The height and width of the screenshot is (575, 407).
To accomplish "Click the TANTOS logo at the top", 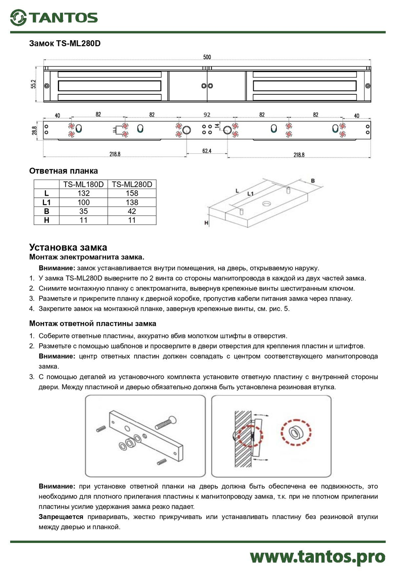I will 54,17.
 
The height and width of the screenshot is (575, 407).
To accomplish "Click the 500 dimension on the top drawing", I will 207,57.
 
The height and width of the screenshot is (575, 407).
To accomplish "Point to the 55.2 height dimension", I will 33,84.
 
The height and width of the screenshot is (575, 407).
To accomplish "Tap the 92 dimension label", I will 207,115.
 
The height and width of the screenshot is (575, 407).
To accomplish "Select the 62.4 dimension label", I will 207,151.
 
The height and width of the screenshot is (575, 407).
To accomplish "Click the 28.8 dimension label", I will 35,131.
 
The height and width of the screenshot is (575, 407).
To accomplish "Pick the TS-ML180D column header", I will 83,184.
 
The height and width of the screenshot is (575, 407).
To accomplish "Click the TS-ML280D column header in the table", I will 132,184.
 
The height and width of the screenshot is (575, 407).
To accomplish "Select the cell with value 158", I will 132,193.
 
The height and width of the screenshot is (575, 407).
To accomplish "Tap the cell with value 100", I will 83,202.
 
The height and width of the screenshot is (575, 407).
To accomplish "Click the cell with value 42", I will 132,211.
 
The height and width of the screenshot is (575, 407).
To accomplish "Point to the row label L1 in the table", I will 46,202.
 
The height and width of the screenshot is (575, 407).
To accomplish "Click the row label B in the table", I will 46,211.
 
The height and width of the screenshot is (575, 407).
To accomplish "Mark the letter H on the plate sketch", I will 206,223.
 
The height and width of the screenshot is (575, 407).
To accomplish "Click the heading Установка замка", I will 68,247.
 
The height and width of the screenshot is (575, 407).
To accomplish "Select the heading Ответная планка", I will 63,171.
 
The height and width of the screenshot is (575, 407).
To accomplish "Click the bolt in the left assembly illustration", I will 166,423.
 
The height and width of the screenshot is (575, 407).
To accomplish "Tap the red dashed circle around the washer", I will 296,432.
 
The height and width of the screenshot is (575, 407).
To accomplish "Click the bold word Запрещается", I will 61,516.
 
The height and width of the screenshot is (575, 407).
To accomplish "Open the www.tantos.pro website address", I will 317,556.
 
